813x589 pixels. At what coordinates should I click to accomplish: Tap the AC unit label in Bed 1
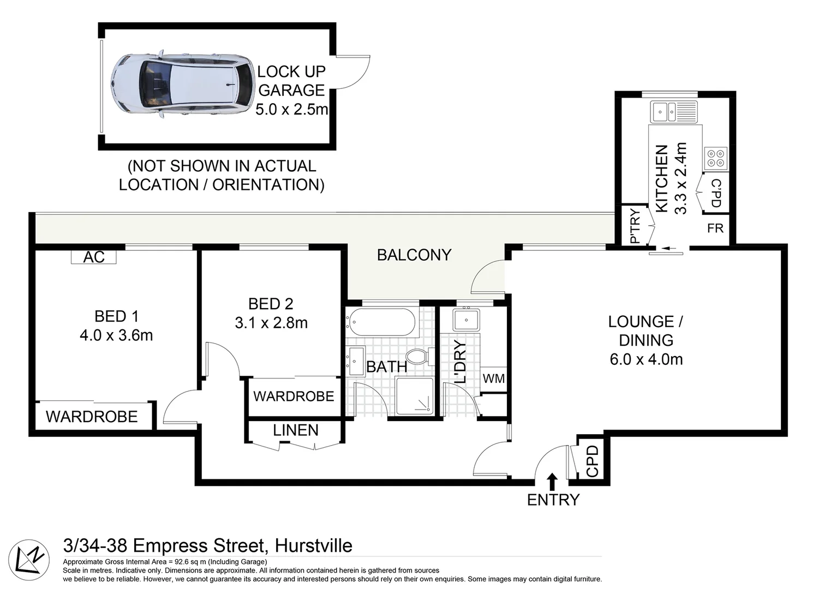(x=94, y=257)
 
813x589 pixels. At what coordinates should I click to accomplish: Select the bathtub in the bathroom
(x=382, y=322)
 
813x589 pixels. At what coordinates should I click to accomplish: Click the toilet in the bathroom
(x=419, y=357)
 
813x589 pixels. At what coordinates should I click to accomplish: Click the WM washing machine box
(x=494, y=378)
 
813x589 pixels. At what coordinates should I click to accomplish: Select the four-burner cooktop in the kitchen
(x=715, y=158)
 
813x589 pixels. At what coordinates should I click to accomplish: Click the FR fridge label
(x=715, y=228)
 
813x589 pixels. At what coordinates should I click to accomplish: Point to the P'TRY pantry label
(x=634, y=226)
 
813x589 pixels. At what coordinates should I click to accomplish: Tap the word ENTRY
(x=553, y=500)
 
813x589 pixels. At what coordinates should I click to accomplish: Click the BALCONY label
(x=414, y=255)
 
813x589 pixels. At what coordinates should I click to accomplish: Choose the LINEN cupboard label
(x=296, y=430)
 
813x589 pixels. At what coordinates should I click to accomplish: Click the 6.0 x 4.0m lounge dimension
(x=646, y=359)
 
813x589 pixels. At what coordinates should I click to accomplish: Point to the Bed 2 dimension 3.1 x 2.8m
(x=271, y=323)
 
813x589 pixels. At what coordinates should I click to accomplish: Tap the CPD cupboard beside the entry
(x=592, y=461)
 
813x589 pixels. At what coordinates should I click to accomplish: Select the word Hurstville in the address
(x=313, y=545)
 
